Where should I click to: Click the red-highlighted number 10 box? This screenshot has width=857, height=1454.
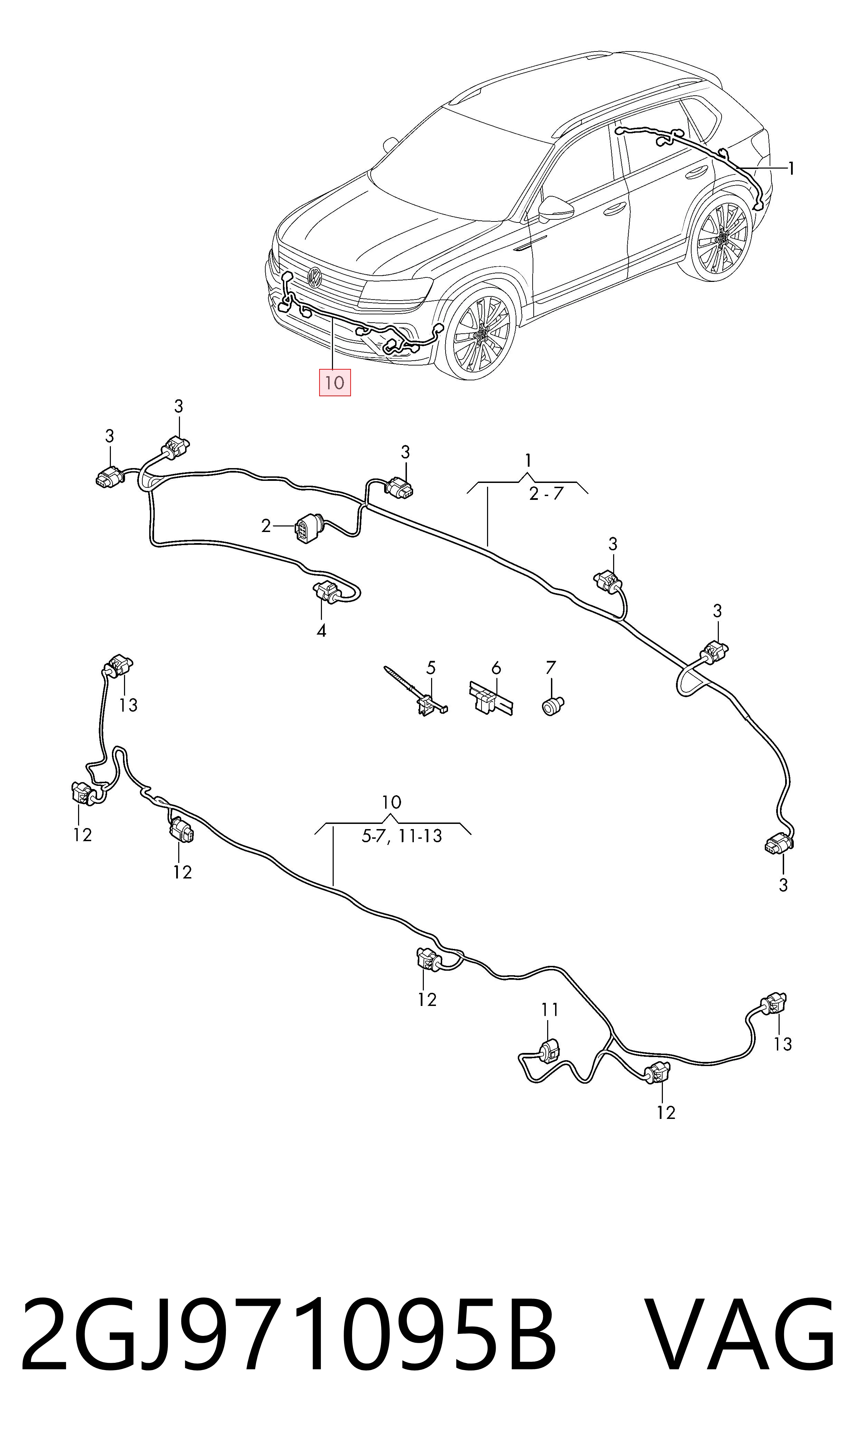pyautogui.click(x=335, y=382)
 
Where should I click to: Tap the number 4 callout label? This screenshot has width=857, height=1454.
pyautogui.click(x=322, y=631)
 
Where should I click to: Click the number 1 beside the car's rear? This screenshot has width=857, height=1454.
pyautogui.click(x=791, y=169)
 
